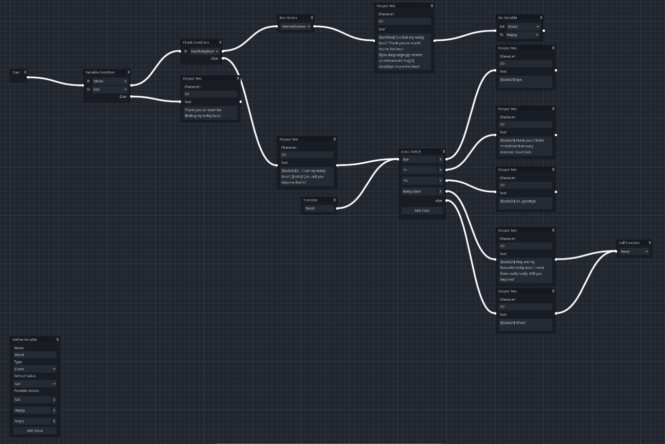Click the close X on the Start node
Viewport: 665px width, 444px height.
[25, 72]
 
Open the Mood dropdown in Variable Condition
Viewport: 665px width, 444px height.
[110, 81]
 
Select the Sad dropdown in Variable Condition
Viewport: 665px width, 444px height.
[110, 89]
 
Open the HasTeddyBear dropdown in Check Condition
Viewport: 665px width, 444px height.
[205, 51]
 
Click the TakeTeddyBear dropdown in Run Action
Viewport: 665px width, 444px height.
[296, 26]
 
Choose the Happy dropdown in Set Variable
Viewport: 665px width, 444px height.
[523, 35]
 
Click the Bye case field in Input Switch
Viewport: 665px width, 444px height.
[419, 159]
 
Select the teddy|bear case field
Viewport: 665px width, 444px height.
[419, 191]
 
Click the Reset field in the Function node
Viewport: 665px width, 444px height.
[319, 208]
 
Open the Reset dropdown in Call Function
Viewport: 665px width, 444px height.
[634, 251]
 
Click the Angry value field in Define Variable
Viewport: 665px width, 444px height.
[32, 421]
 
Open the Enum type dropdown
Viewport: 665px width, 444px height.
[34, 369]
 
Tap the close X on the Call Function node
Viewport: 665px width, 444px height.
[650, 243]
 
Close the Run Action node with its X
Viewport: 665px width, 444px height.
[312, 18]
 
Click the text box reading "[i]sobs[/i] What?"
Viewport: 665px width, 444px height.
[525, 324]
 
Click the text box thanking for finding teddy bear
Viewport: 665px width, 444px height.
[210, 113]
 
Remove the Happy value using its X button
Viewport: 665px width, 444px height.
[54, 411]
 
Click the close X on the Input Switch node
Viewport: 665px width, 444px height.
[444, 151]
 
